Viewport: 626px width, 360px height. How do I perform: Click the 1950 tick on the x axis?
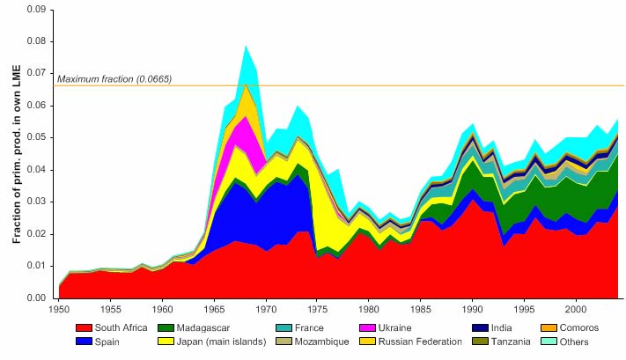point(59,310)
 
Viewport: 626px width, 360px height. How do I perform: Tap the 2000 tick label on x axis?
point(576,310)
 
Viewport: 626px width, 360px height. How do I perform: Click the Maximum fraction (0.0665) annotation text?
point(114,79)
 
